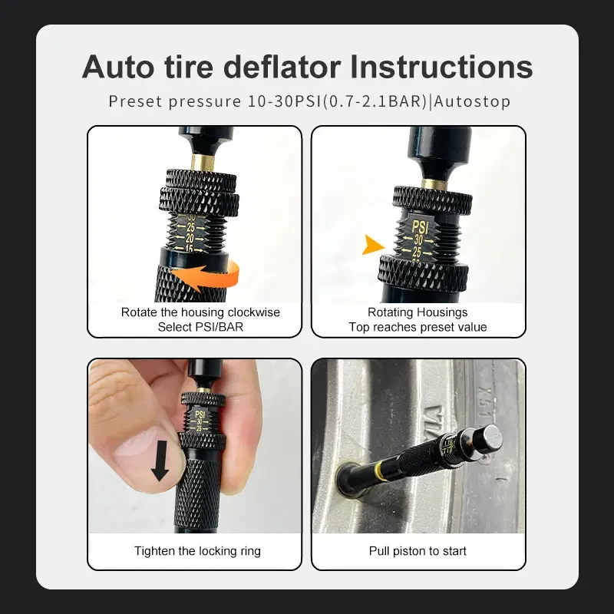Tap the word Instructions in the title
pyautogui.click(x=441, y=67)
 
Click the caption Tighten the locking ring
pyautogui.click(x=197, y=551)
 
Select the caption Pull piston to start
pyautogui.click(x=418, y=551)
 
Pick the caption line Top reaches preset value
pyautogui.click(x=418, y=327)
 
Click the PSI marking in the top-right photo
pyautogui.click(x=420, y=227)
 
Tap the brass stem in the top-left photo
pyautogui.click(x=203, y=162)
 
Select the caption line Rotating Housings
pyautogui.click(x=418, y=312)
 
